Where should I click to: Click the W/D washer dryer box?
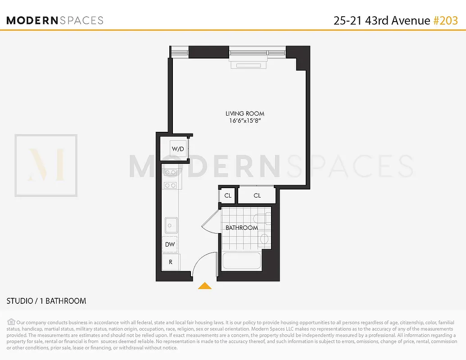pyautogui.click(x=177, y=148)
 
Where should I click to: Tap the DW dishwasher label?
pyautogui.click(x=170, y=245)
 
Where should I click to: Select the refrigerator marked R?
pyautogui.click(x=171, y=261)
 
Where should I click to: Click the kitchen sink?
pyautogui.click(x=171, y=225)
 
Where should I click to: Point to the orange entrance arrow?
pyautogui.click(x=205, y=285)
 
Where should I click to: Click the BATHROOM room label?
pyautogui.click(x=242, y=228)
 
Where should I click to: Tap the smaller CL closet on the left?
pyautogui.click(x=228, y=196)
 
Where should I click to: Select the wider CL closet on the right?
pyautogui.click(x=257, y=196)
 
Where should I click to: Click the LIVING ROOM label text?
pyautogui.click(x=245, y=114)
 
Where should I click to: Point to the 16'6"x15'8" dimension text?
pyautogui.click(x=245, y=121)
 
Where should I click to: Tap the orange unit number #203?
pyautogui.click(x=445, y=20)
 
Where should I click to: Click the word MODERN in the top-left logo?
pyautogui.click(x=32, y=20)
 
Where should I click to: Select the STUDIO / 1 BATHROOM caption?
pyautogui.click(x=46, y=301)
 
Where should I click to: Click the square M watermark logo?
pyautogui.click(x=46, y=165)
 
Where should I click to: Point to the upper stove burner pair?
pyautogui.click(x=171, y=172)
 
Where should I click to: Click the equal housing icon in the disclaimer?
pyautogui.click(x=11, y=322)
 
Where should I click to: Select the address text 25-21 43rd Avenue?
pyautogui.click(x=382, y=20)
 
